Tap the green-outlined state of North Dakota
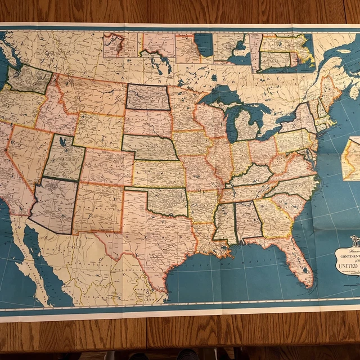click(x=148, y=97)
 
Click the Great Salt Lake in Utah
click(x=62, y=143)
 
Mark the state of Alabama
click(x=247, y=220)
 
